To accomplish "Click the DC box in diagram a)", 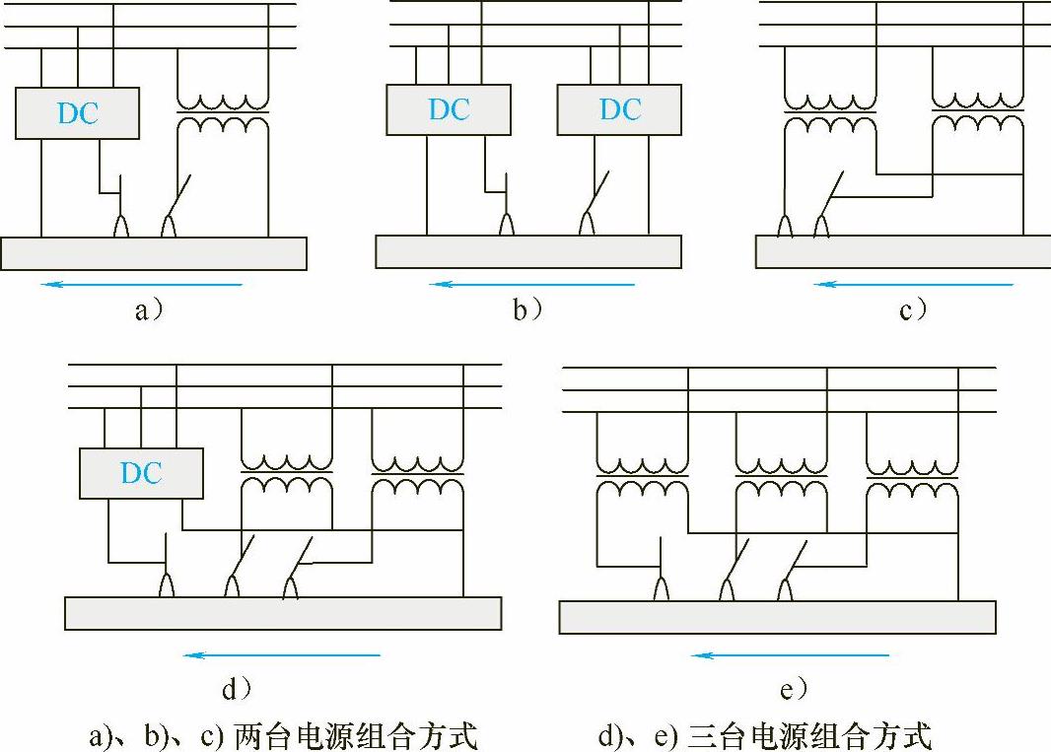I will tap(78, 112).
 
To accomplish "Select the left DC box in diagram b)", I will tap(449, 109).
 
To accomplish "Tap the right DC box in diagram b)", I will tap(619, 109).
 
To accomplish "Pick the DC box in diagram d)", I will tap(141, 473).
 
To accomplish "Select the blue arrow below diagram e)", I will tap(790, 654).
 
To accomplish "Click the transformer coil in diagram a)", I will tap(222, 113).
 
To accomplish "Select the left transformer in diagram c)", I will tap(829, 113).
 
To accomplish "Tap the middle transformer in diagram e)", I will tap(781, 477).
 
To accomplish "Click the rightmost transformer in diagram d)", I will tap(417, 477).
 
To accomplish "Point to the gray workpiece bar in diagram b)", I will tap(528, 252).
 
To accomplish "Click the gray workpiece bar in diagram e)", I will tap(777, 617).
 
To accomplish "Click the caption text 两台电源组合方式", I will tap(355, 735).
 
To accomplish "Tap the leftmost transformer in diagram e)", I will tap(642, 477).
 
